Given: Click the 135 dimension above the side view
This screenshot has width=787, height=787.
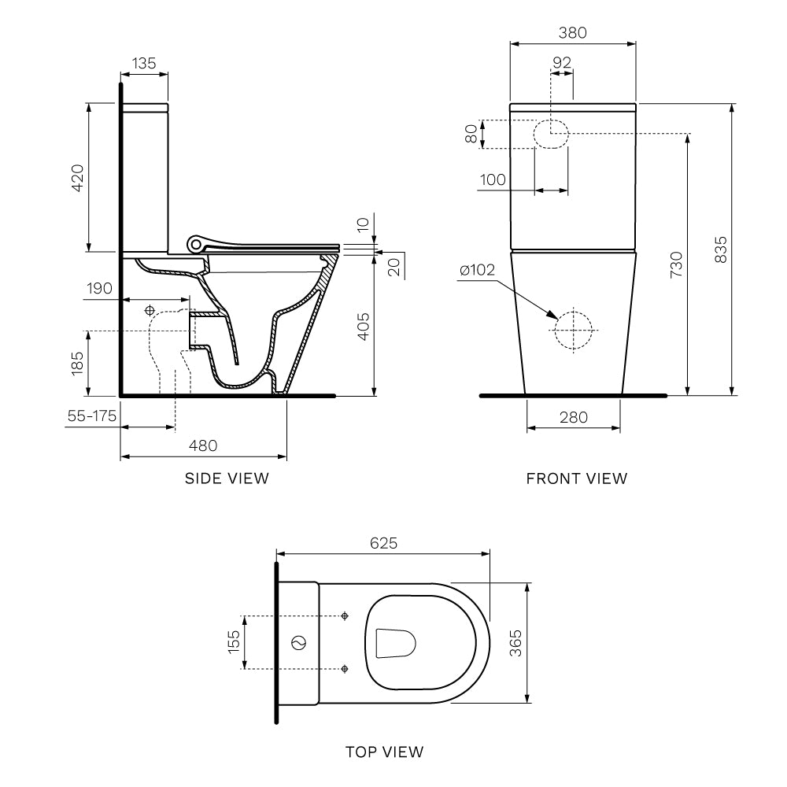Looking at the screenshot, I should [144, 63].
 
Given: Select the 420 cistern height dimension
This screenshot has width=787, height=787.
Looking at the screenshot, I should [77, 178].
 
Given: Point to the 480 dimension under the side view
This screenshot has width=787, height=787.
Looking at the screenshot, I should [202, 445].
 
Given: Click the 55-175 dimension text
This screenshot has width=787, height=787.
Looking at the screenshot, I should [91, 416].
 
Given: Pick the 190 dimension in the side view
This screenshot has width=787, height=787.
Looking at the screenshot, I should [100, 289].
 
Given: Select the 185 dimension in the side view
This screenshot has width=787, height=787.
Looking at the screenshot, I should [77, 363].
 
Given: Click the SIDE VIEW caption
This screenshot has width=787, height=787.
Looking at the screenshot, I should [227, 478].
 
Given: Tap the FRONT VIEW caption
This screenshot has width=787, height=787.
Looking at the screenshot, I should [577, 478].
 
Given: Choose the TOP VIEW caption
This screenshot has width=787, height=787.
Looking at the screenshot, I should [384, 752].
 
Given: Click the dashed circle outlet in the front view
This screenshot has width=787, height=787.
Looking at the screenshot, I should [572, 327].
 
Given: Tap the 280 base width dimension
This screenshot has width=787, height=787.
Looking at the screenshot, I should [572, 417].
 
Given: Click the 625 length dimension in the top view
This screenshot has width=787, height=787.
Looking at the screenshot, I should [382, 543].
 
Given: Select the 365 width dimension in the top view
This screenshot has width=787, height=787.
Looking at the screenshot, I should [515, 641].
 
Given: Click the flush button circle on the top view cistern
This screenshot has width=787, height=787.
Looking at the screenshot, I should [298, 643].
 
